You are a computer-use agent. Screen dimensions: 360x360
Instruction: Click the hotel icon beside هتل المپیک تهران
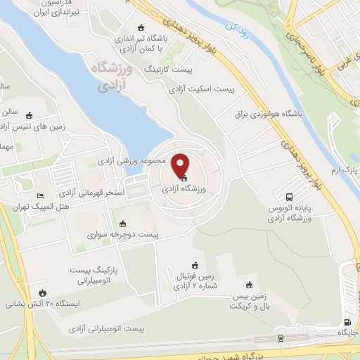[x=39, y=196]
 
